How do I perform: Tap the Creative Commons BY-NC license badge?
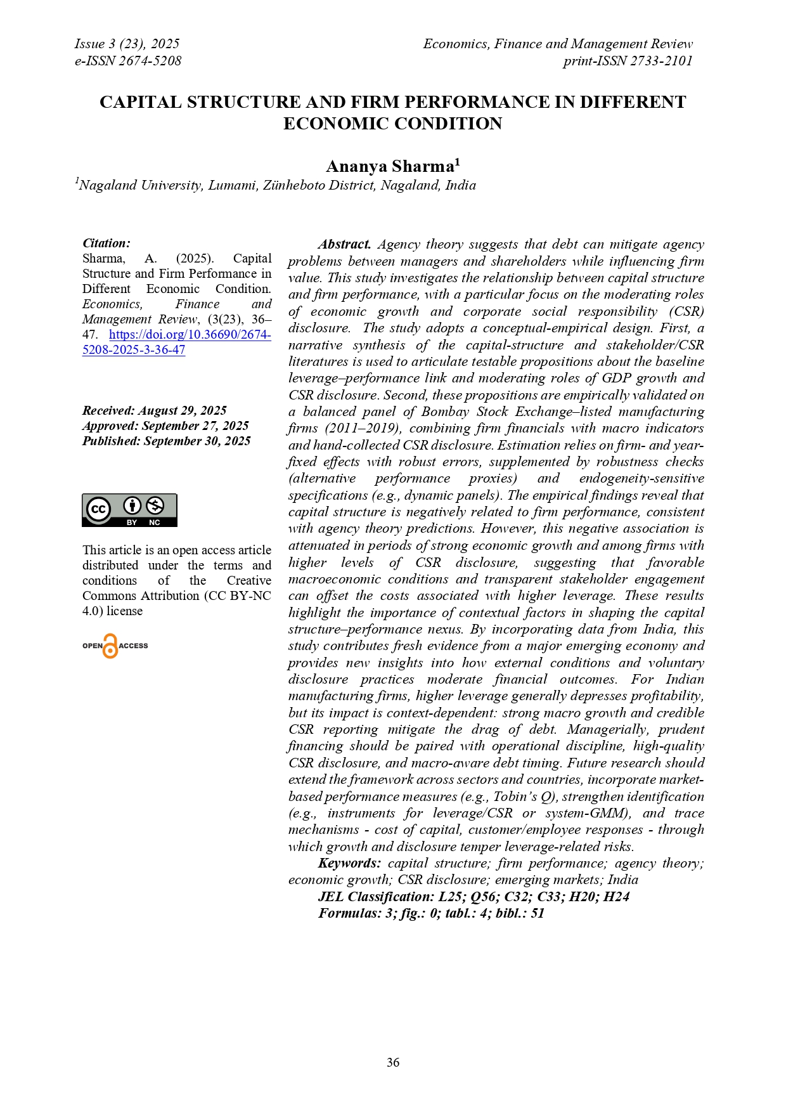coord(129,510)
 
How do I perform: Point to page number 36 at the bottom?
coord(393,1062)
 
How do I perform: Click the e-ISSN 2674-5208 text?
coord(128,61)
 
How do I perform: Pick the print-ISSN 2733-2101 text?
coord(628,61)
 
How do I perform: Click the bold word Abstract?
coord(345,244)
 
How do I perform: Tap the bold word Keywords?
coord(349,863)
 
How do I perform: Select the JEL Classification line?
coord(474,896)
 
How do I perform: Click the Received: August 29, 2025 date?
coord(155,410)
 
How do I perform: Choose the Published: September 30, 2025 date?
coord(166,441)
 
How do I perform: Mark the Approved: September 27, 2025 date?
coord(165,426)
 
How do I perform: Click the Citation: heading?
coord(106,243)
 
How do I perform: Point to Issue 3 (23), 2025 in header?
coord(127,44)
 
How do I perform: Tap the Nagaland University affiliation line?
coord(277,185)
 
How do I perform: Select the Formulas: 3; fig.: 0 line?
coord(431,913)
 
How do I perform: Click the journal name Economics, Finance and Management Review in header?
coord(558,44)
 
